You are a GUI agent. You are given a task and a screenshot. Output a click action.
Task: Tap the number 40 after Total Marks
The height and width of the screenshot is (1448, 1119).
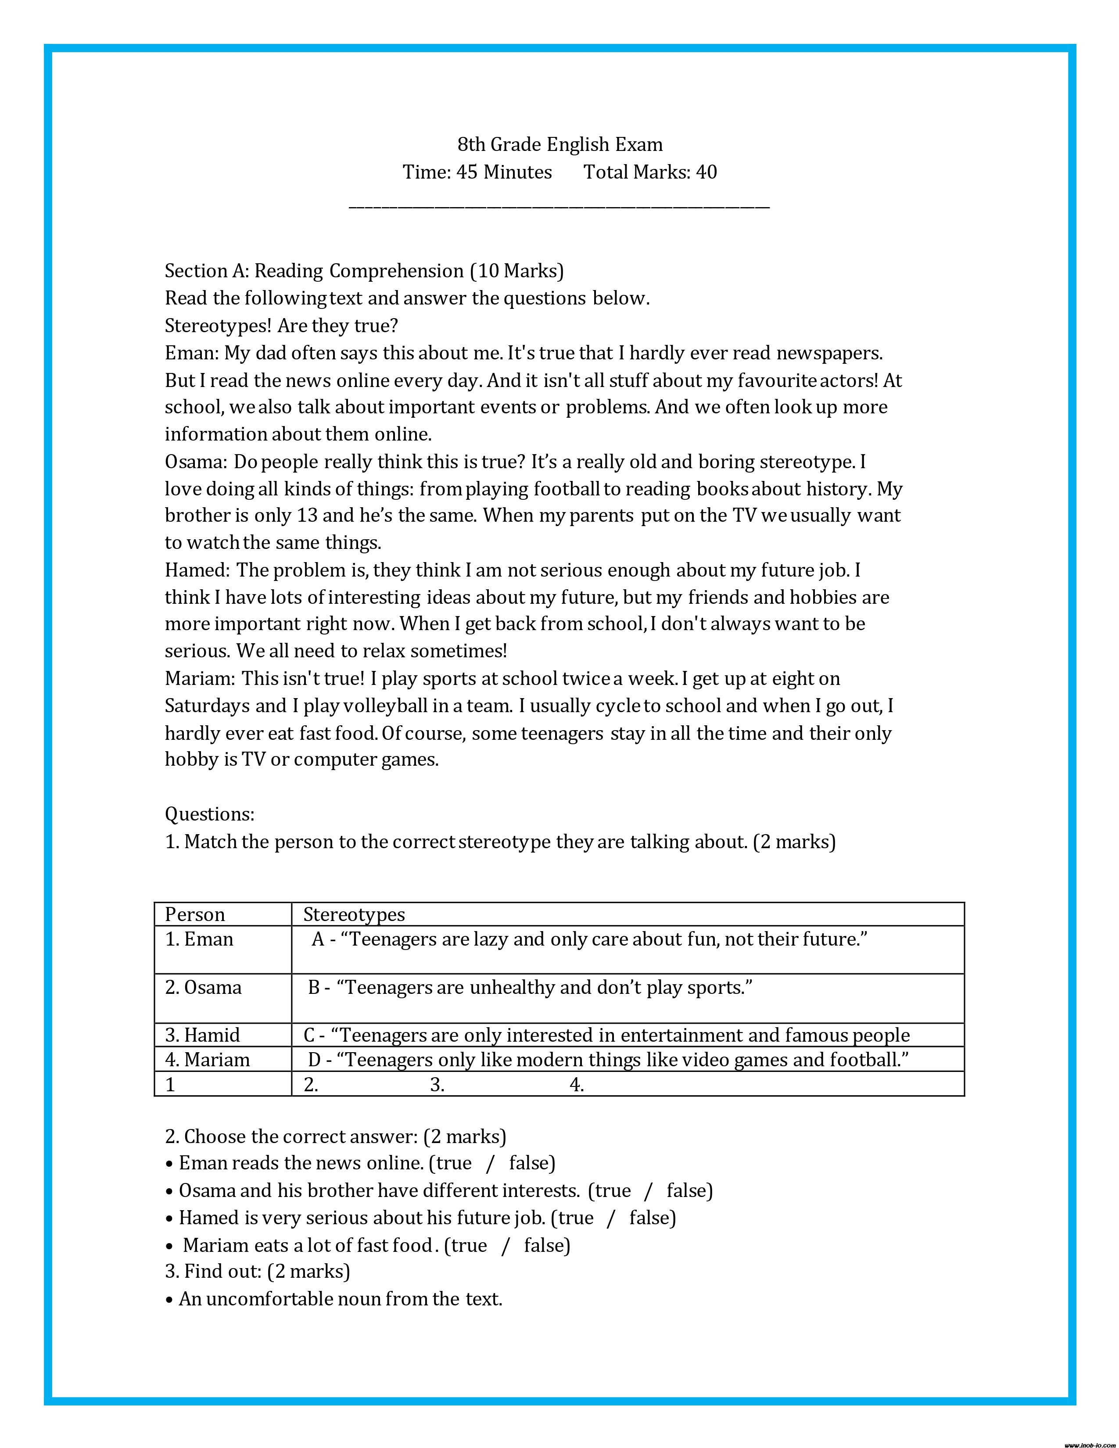point(707,172)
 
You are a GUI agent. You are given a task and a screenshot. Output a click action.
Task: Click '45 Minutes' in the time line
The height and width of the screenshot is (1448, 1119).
point(504,172)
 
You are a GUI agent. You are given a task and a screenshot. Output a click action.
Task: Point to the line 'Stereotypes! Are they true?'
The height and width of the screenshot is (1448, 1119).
point(281,326)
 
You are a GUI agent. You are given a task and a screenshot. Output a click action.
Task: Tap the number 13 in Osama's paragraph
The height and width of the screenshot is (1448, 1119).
point(308,516)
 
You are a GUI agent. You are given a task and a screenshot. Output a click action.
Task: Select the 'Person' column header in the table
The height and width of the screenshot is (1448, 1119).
point(195,914)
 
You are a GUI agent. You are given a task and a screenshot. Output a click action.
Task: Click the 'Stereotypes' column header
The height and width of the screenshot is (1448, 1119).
point(354,914)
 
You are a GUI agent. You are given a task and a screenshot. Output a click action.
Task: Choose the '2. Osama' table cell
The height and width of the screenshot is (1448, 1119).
point(203,987)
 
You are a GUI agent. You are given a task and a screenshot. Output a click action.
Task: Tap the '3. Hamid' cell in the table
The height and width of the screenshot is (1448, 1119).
point(202,1035)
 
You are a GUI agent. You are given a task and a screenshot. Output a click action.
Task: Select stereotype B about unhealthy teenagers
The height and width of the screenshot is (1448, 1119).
point(531,987)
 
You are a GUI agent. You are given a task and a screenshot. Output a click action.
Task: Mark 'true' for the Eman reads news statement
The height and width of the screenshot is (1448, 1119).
point(454,1163)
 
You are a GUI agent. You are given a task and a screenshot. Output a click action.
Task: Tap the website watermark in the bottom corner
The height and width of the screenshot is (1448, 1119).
point(1089,1444)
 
